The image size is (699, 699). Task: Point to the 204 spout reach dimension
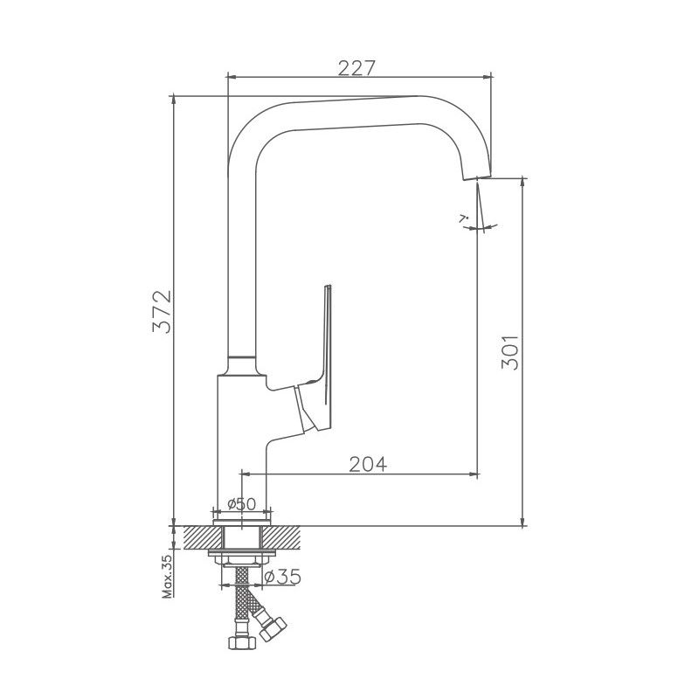pyautogui.click(x=368, y=463)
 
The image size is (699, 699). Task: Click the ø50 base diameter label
pyautogui.click(x=240, y=503)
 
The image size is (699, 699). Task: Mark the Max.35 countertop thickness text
pyautogui.click(x=165, y=578)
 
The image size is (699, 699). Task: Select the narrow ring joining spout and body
pyautogui.click(x=241, y=363)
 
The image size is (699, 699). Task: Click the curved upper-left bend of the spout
pyautogui.click(x=245, y=131)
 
